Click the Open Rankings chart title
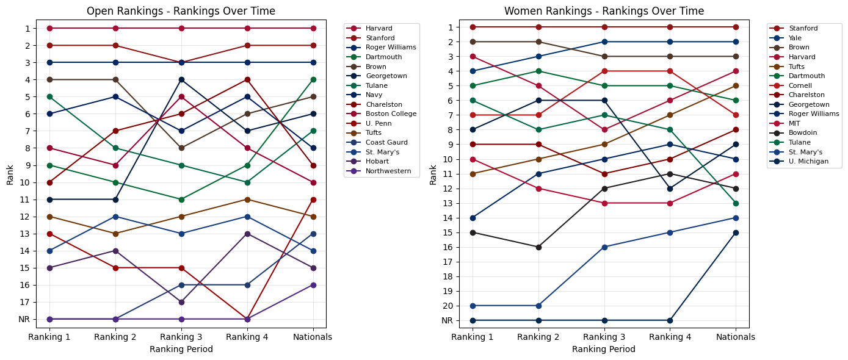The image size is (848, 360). point(181,11)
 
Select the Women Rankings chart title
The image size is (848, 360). point(604,11)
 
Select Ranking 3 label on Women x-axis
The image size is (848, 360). point(604,337)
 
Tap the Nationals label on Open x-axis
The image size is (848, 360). point(313,337)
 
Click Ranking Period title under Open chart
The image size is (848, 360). point(181,349)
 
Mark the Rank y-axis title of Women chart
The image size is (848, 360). point(433,173)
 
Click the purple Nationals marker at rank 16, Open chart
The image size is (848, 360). point(313,285)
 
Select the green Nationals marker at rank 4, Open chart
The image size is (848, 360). point(313,79)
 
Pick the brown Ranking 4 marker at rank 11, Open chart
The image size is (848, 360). point(247,200)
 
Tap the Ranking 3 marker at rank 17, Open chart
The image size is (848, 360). point(181,302)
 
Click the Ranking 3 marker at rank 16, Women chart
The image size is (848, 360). point(604,247)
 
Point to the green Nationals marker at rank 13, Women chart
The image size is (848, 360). point(736,203)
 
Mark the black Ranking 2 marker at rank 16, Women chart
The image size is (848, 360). point(538,247)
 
